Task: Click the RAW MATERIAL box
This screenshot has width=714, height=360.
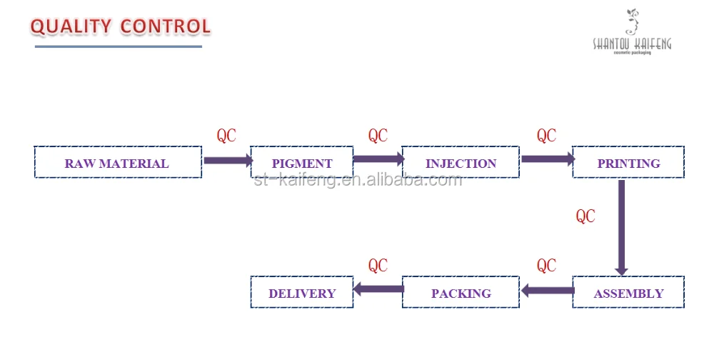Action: tap(117, 163)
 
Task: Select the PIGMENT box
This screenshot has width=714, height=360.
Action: tap(301, 163)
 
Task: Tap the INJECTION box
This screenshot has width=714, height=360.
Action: tap(461, 163)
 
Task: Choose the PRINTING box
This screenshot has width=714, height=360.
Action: tap(628, 163)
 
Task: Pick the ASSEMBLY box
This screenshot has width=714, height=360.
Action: tap(628, 293)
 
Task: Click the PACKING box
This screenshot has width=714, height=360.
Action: tap(461, 293)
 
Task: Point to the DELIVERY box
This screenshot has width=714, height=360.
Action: tap(301, 293)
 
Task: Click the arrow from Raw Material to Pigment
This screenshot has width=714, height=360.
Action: tap(227, 161)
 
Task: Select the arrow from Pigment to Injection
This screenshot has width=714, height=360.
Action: tap(378, 159)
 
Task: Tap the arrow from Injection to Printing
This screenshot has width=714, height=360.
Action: tap(547, 159)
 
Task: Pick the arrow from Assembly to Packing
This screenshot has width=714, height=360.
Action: tap(547, 291)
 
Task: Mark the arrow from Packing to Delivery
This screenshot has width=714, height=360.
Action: tap(378, 289)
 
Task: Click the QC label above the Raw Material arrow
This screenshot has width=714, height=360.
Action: tap(226, 136)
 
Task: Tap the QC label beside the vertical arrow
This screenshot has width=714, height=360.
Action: tap(585, 216)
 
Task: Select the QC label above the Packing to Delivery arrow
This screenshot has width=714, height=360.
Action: tap(378, 266)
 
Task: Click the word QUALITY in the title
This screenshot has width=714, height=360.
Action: tap(70, 27)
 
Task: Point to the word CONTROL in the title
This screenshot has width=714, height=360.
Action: tap(165, 27)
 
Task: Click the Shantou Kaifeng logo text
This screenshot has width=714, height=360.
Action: tap(632, 44)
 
